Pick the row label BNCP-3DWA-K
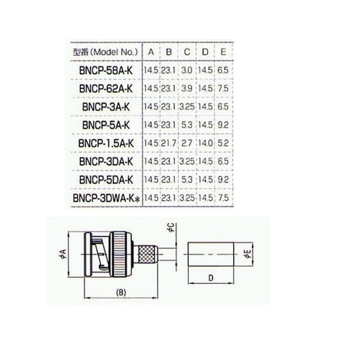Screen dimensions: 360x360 pos(104,196)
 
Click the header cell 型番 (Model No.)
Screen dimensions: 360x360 pos(104,52)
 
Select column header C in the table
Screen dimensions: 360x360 pos(187,52)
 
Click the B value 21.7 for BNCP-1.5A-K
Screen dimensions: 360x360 pos(169,142)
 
